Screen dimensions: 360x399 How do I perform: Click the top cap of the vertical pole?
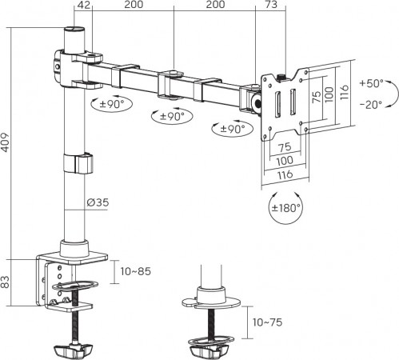(x=74, y=32)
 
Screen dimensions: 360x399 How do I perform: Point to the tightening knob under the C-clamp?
(x=74, y=350)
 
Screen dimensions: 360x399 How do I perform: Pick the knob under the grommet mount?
(x=211, y=350)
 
